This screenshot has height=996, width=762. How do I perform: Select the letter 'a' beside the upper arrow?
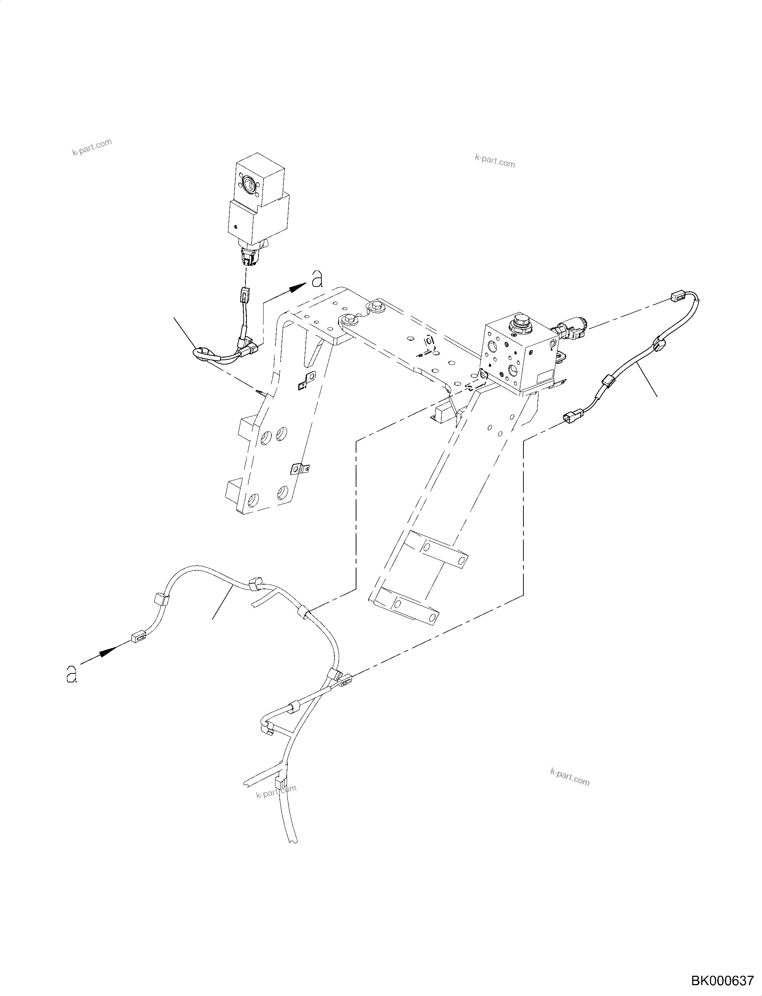[x=317, y=279]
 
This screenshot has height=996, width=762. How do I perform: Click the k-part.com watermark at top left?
[x=92, y=147]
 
